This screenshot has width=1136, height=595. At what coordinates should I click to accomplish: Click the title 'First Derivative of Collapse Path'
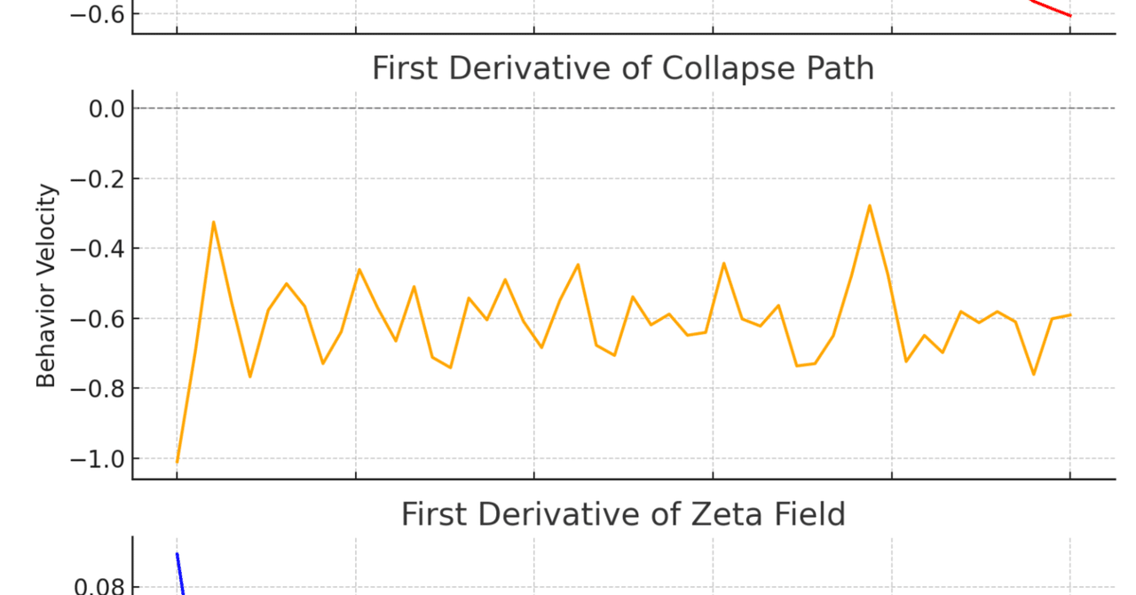coord(622,68)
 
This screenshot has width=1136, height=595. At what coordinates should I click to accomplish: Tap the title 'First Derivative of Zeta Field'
coord(622,514)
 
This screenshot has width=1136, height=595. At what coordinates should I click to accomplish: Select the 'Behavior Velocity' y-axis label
coord(47,286)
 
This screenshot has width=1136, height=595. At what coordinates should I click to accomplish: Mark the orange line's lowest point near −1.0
coord(177,462)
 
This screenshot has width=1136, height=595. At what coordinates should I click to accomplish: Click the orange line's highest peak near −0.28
coord(870,205)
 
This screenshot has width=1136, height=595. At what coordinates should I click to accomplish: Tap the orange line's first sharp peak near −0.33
coord(214,222)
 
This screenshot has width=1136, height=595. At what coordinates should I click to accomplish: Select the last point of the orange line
coord(1070,314)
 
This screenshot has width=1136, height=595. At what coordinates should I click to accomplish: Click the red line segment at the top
coord(1052,9)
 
